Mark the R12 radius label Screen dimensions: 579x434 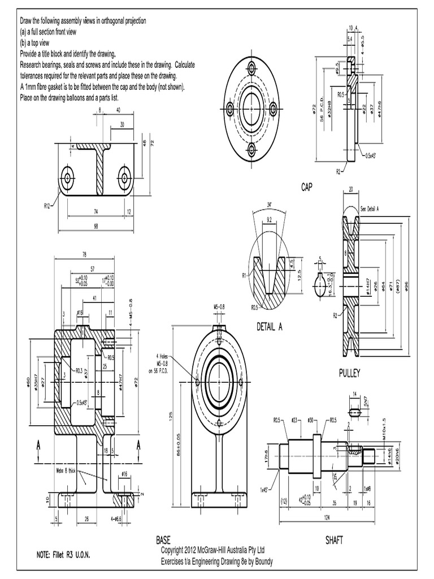(48, 206)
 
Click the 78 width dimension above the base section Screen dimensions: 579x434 (84, 253)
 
